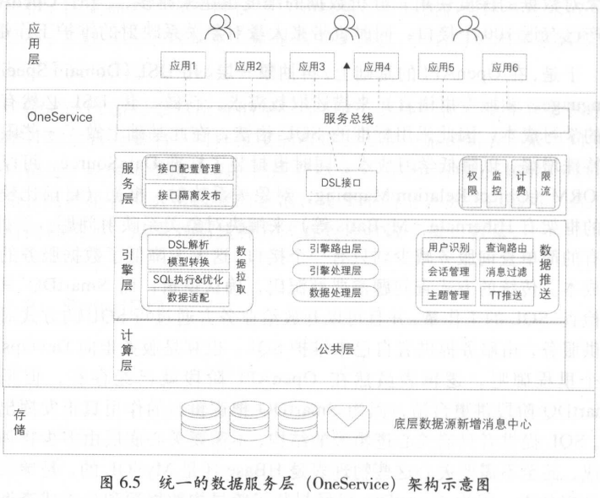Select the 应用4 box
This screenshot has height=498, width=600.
point(375,66)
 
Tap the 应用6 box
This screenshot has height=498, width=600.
point(505,66)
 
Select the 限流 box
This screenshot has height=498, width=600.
point(544,181)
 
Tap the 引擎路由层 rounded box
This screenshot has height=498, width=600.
point(335,249)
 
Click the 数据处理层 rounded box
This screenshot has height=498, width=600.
point(335,293)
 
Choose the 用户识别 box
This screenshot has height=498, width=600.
point(448,246)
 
